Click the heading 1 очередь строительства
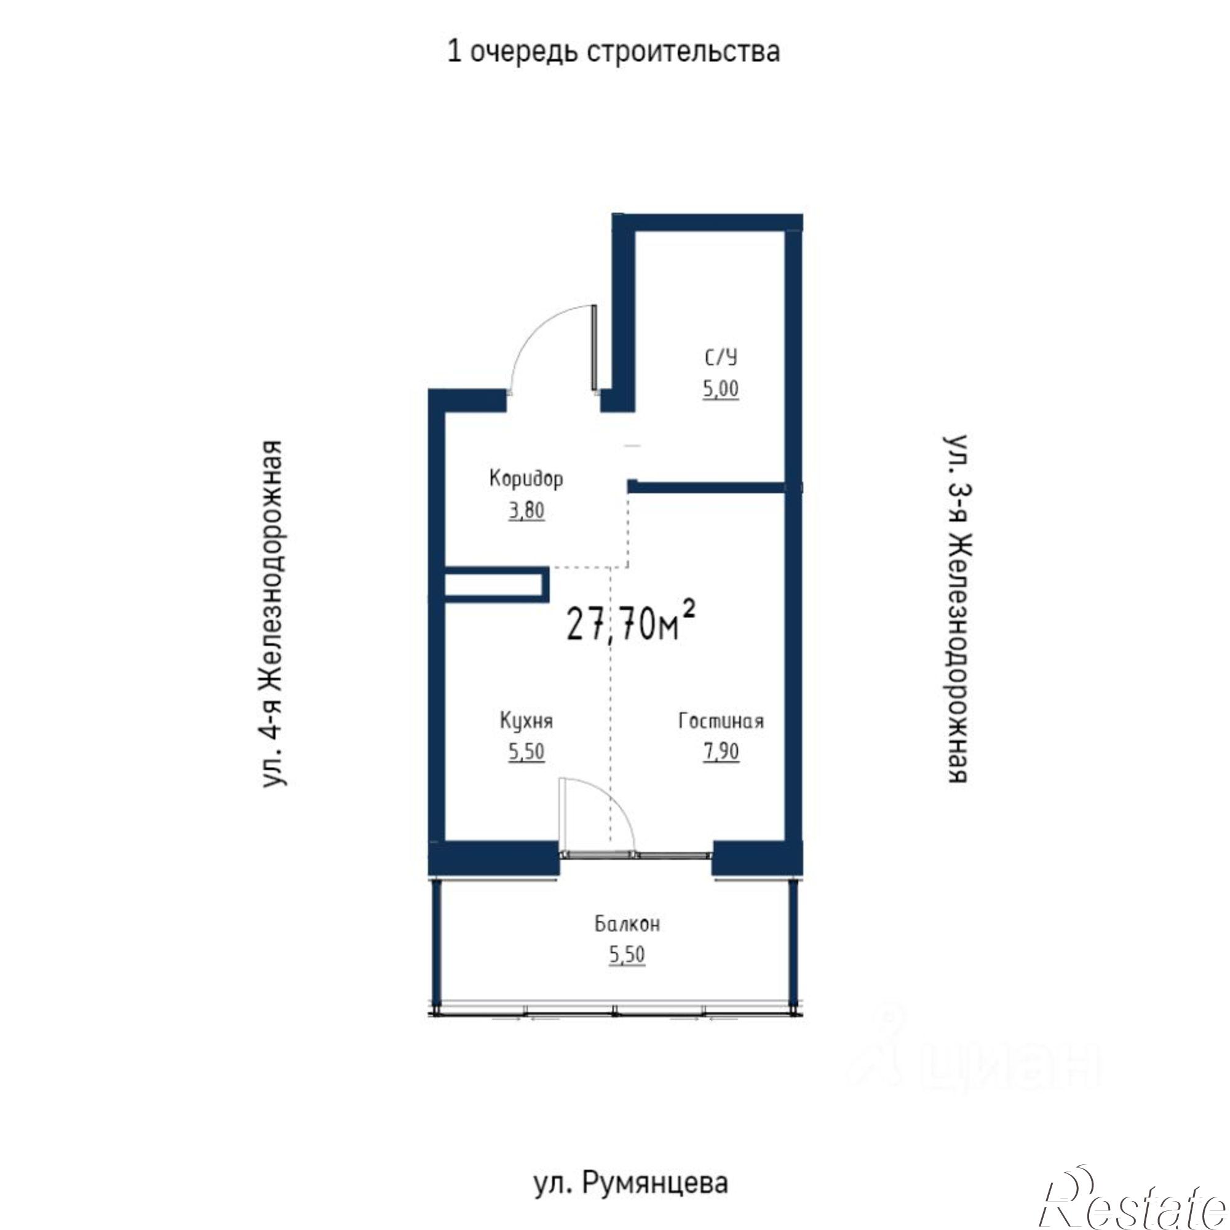[x=614, y=52]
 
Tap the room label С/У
[x=721, y=358]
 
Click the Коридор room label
[x=526, y=478]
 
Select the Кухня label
[x=526, y=721]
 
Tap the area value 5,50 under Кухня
[x=526, y=753]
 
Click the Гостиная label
[x=721, y=721]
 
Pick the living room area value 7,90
[x=721, y=753]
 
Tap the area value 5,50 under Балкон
[x=627, y=955]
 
